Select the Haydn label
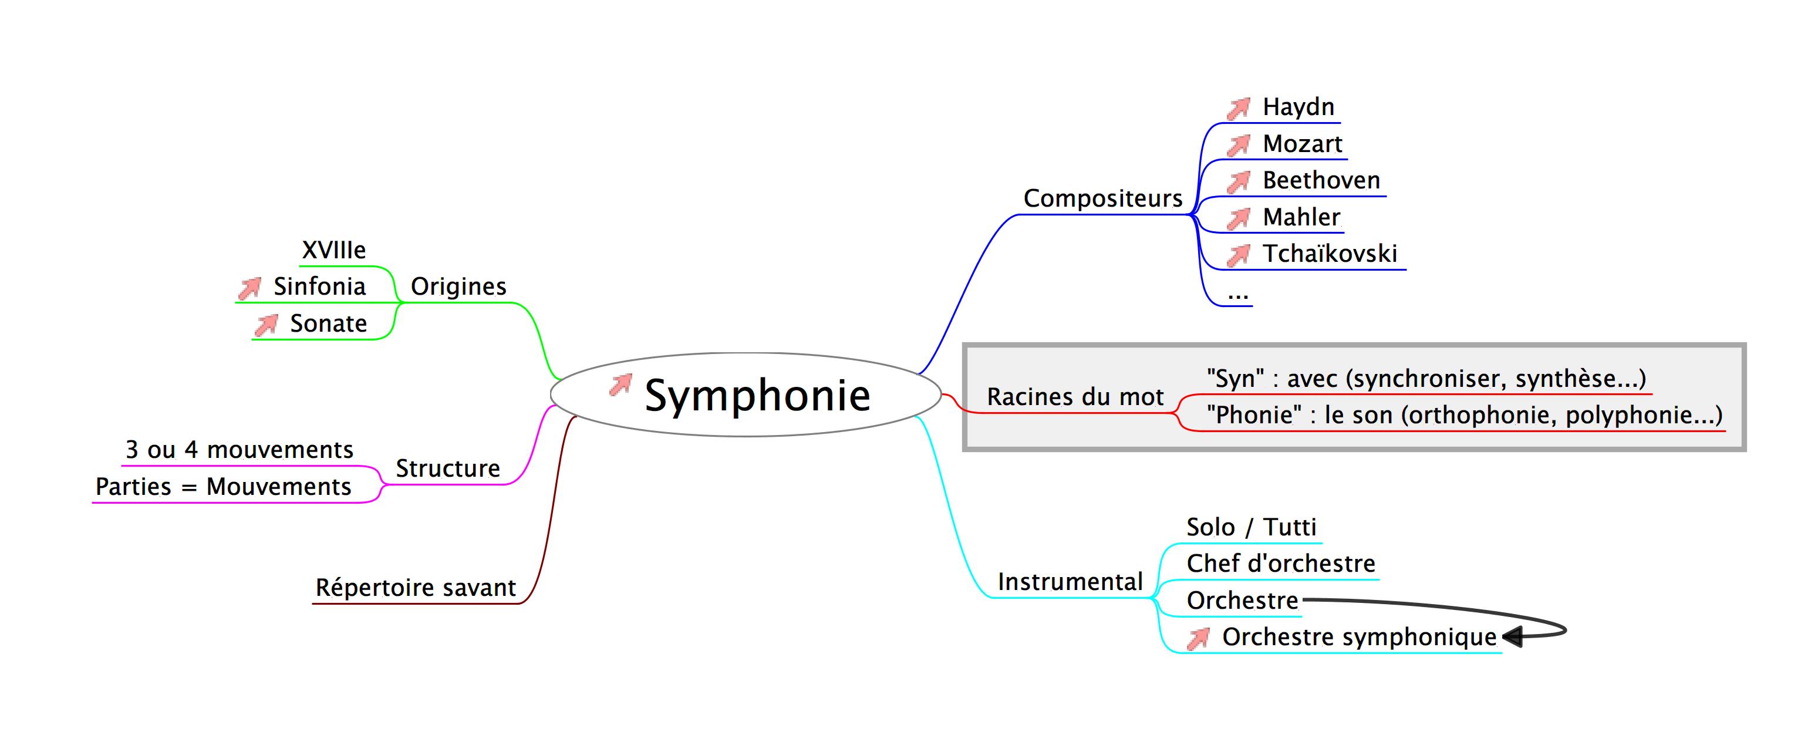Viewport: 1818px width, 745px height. (x=1298, y=107)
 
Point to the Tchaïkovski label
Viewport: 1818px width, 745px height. (x=1330, y=254)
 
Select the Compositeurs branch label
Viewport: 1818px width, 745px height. (x=1102, y=199)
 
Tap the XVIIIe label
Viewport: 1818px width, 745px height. (x=334, y=251)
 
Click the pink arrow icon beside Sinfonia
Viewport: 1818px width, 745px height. (x=249, y=288)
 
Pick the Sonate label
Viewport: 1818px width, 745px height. (x=328, y=324)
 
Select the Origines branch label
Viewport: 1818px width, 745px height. (x=458, y=287)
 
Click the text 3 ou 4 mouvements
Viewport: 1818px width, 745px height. (x=240, y=450)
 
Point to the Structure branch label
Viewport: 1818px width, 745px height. (x=447, y=468)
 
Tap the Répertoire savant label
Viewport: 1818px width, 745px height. (x=415, y=588)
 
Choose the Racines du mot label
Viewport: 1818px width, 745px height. (x=1075, y=397)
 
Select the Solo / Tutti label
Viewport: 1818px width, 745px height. (x=1250, y=528)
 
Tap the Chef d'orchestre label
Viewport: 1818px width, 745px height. (x=1280, y=564)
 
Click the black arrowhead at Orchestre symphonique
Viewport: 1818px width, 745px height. (x=1511, y=637)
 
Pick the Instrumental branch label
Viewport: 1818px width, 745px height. (x=1070, y=582)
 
